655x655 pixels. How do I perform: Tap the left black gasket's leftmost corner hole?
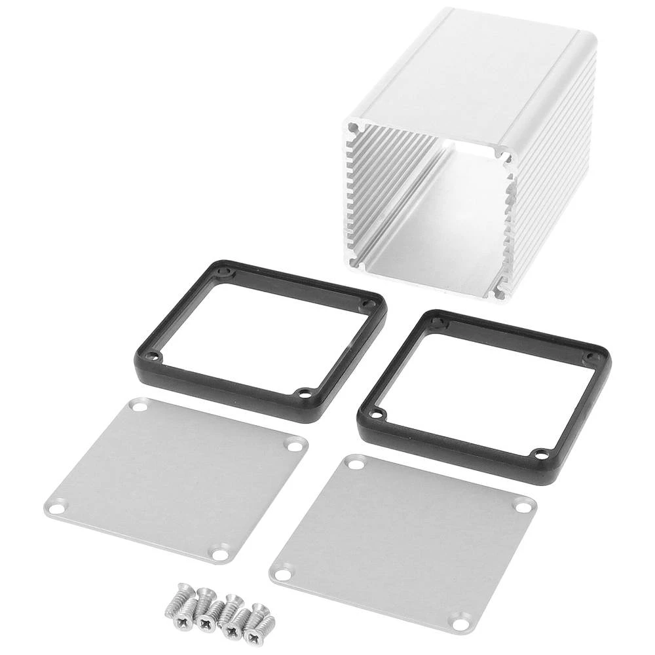coord(153,356)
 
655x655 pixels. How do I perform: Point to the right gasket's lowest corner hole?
coord(540,453)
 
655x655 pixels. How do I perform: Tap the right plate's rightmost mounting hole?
coord(523,505)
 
